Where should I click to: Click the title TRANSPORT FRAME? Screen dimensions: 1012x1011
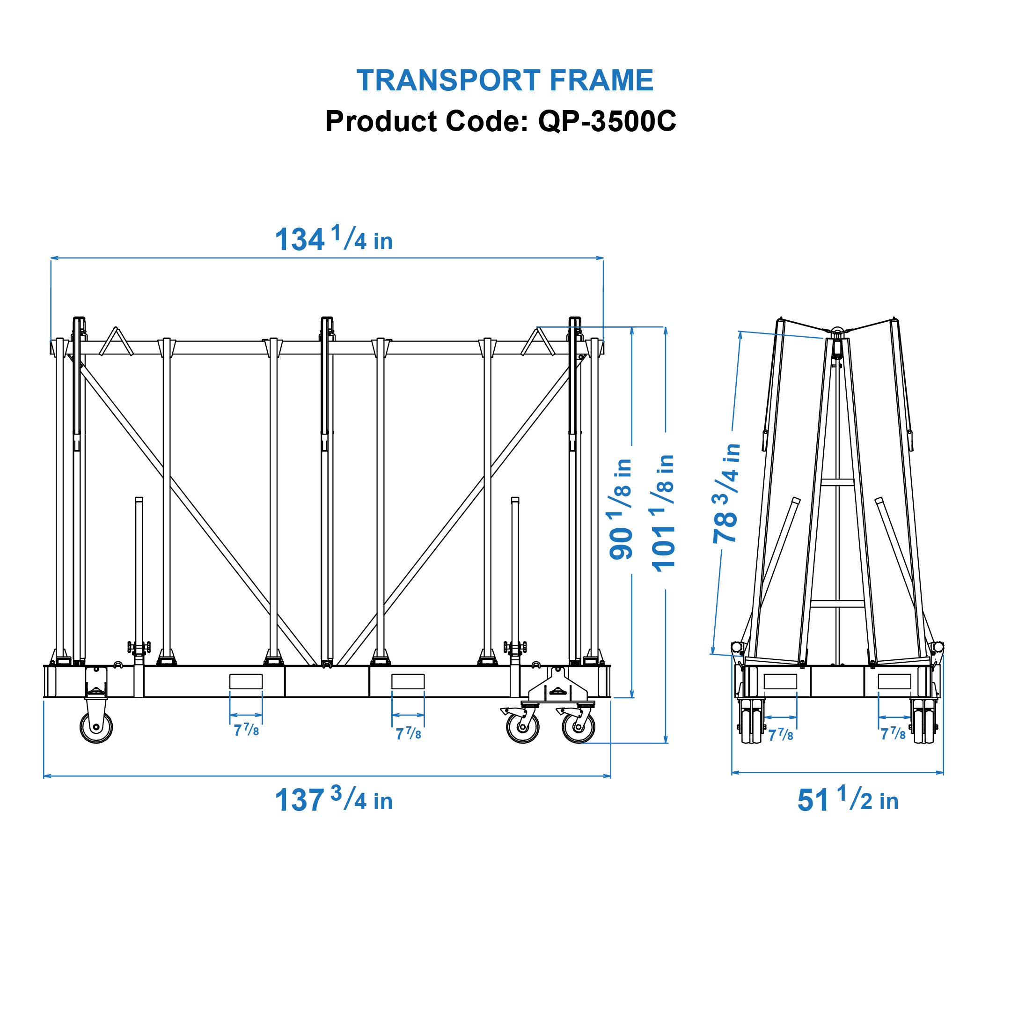point(505,81)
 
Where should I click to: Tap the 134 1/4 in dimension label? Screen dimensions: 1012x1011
point(334,239)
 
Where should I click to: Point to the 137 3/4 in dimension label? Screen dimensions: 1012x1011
point(334,800)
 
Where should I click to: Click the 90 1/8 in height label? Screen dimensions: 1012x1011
point(621,509)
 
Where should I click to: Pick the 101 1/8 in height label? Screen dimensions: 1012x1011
point(663,512)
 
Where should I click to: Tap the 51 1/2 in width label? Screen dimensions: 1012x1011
point(847,800)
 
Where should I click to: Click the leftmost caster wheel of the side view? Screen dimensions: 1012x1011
point(96,727)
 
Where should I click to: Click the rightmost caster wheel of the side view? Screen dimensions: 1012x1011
point(578,727)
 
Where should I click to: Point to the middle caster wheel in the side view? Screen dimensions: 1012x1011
point(522,727)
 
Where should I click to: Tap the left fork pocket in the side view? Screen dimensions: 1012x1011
point(246,681)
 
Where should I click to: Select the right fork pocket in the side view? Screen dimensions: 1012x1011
point(408,681)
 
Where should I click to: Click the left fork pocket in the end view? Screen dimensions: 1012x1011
point(780,681)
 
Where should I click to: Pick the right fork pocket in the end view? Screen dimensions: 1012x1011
point(894,681)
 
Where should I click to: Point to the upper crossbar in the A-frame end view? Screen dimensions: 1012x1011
point(837,482)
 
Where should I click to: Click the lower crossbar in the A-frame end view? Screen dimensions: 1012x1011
point(837,604)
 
